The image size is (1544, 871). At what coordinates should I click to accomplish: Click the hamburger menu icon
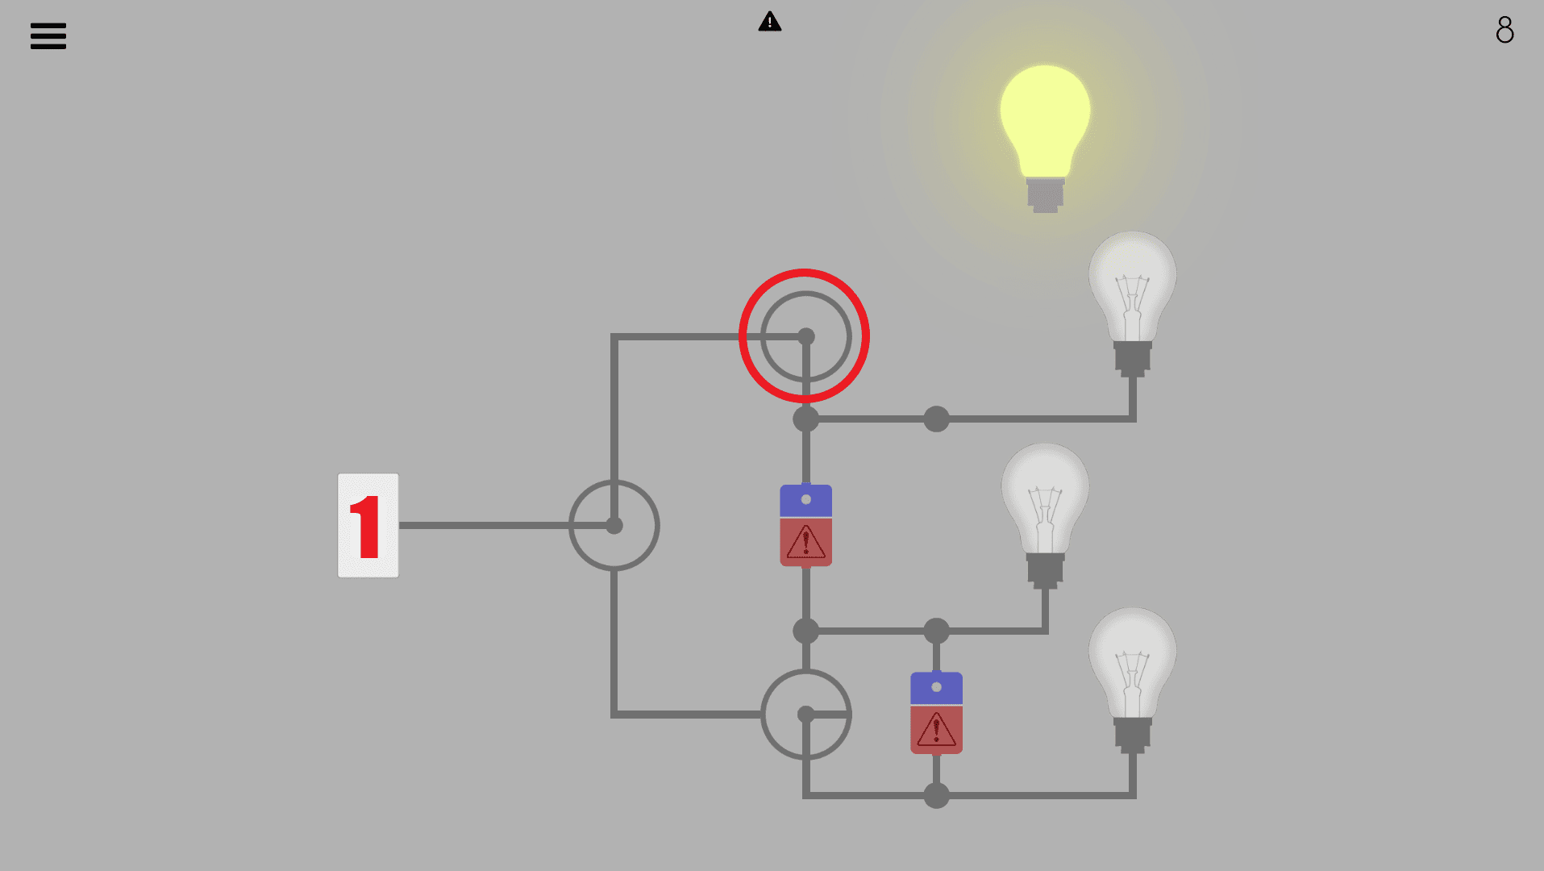48,36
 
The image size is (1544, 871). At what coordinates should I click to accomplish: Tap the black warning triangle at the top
770,22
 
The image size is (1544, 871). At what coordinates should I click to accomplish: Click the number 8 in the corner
1504,30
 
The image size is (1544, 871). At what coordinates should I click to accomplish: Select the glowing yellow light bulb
1045,138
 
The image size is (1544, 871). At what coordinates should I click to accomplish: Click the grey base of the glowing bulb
1045,195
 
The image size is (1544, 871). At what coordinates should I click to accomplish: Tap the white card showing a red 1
368,525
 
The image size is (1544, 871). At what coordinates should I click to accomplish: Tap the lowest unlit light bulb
1132,680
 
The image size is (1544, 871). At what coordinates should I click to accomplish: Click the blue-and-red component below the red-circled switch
805,525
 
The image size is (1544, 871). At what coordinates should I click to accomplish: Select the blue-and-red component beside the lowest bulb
936,713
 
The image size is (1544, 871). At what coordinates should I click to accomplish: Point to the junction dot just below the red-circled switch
805,419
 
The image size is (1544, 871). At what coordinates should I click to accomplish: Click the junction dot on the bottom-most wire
936,795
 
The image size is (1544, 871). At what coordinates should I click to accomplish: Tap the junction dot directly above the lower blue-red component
936,631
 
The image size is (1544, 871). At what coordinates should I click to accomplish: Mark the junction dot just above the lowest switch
805,631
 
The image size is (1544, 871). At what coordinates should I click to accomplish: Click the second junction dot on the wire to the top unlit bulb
936,419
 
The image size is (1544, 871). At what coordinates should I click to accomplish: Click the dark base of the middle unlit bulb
1045,570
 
